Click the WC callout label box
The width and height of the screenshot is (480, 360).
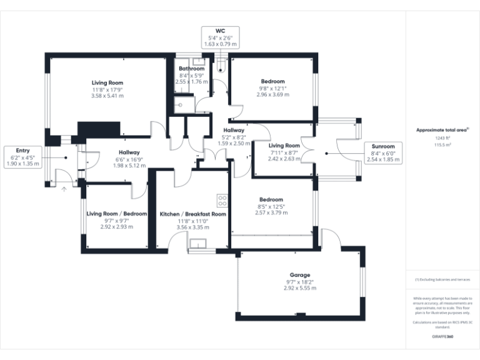[x=219, y=37]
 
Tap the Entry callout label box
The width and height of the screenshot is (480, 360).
[x=22, y=157]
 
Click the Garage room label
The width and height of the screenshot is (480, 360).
[x=299, y=275]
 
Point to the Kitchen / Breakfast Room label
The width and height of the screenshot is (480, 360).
[x=192, y=214]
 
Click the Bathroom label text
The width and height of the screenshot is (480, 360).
[x=191, y=68]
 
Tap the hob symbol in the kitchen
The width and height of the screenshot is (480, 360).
[x=222, y=200]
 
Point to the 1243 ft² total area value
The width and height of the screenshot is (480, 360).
[x=442, y=137]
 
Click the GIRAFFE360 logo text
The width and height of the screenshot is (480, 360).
[x=442, y=336]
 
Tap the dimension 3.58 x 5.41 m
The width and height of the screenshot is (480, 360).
[x=107, y=96]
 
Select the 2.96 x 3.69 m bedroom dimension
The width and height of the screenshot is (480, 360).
[x=272, y=94]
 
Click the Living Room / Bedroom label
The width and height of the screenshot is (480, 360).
[x=116, y=214]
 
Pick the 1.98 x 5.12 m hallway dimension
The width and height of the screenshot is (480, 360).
[x=129, y=166]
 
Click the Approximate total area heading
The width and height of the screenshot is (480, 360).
[x=442, y=130]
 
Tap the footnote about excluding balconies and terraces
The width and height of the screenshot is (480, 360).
[x=442, y=279]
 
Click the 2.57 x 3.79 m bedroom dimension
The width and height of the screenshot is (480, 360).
[x=272, y=212]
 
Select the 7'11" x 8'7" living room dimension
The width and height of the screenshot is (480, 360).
[x=284, y=152]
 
